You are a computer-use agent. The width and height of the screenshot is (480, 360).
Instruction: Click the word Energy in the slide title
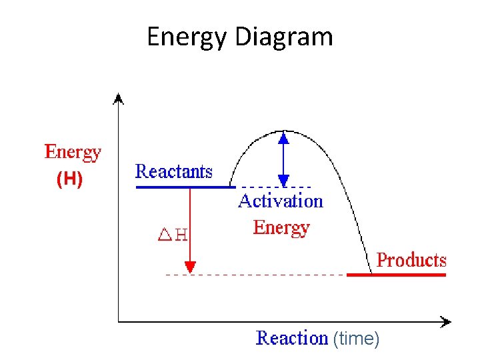(188, 37)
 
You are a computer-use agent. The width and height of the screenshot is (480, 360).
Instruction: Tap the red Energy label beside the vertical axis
(73, 153)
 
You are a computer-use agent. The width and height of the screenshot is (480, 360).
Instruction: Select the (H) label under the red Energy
(69, 180)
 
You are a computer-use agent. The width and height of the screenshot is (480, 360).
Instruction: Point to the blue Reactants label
(174, 171)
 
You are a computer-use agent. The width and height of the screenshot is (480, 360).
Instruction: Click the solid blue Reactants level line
(183, 187)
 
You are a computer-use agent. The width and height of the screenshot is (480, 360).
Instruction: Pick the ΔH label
(172, 235)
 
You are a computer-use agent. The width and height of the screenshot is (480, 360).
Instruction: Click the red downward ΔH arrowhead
(190, 267)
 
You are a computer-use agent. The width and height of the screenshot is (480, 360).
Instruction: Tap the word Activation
(280, 201)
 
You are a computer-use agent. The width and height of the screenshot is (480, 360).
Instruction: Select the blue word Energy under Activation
(281, 228)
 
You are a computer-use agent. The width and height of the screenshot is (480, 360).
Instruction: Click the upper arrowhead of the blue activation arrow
(283, 138)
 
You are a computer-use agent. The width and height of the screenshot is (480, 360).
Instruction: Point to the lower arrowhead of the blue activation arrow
(283, 180)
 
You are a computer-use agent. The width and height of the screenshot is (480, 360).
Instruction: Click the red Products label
(411, 260)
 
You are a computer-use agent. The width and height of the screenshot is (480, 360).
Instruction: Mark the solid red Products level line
(396, 274)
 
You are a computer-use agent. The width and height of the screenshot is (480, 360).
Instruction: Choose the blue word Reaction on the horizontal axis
(292, 338)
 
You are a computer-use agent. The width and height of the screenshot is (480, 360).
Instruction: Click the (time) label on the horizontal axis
(356, 339)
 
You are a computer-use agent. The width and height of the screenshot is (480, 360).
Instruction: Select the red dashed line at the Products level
(267, 275)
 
